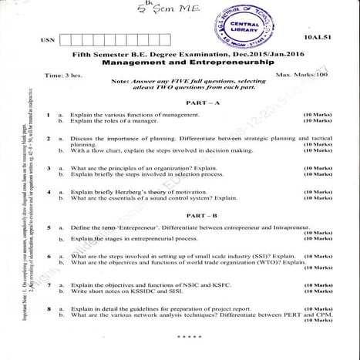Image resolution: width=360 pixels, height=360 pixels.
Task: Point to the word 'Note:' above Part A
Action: tap(119, 81)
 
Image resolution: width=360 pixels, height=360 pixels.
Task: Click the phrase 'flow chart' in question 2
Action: tap(105, 150)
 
